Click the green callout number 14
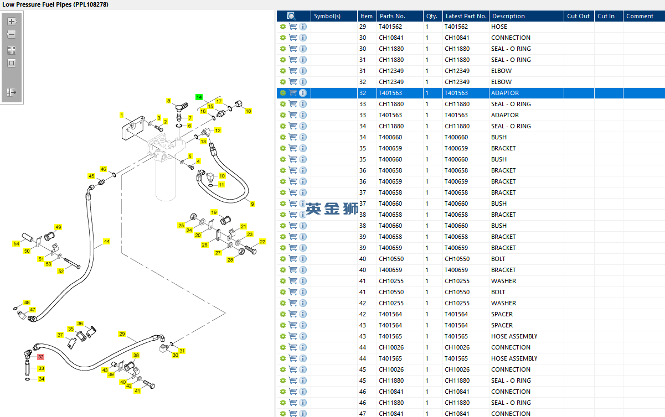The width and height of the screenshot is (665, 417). pyautogui.click(x=199, y=97)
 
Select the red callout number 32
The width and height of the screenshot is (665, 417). pyautogui.click(x=40, y=357)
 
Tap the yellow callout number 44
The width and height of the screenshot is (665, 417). pyautogui.click(x=106, y=242)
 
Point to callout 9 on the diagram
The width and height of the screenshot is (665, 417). pyautogui.click(x=252, y=204)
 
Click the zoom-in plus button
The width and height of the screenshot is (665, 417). pyautogui.click(x=12, y=22)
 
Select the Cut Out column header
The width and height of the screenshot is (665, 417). pyautogui.click(x=578, y=16)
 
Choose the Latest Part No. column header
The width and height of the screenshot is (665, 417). pyautogui.click(x=466, y=16)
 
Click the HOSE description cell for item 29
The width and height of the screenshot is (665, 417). pyautogui.click(x=499, y=27)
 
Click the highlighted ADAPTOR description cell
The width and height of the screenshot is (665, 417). pyautogui.click(x=504, y=93)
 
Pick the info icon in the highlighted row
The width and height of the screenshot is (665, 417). pyautogui.click(x=303, y=93)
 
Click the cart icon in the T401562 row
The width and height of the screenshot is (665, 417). pyautogui.click(x=293, y=27)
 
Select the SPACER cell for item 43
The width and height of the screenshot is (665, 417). pyautogui.click(x=502, y=325)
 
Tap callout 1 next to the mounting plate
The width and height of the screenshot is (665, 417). pyautogui.click(x=121, y=115)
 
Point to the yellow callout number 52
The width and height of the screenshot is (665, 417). pyautogui.click(x=61, y=271)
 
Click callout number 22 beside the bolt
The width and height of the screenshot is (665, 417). pyautogui.click(x=262, y=242)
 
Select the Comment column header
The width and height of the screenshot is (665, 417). pyautogui.click(x=640, y=16)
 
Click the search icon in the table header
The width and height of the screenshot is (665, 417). pyautogui.click(x=291, y=16)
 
